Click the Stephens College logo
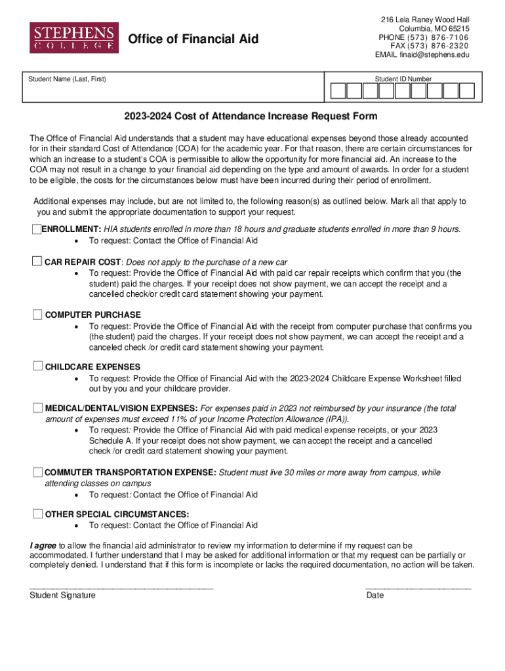click(73, 37)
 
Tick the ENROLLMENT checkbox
click(37, 229)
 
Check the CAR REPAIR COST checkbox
click(38, 261)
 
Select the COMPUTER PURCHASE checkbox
click(38, 314)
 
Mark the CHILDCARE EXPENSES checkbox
click(38, 366)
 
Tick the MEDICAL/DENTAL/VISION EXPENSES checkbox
click(38, 408)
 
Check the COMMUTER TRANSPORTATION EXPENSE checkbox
click(38, 472)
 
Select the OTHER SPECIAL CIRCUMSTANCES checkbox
click(38, 513)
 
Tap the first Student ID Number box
click(338, 90)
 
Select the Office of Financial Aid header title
click(193, 40)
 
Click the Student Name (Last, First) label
click(67, 79)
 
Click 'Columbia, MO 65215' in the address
click(434, 29)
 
